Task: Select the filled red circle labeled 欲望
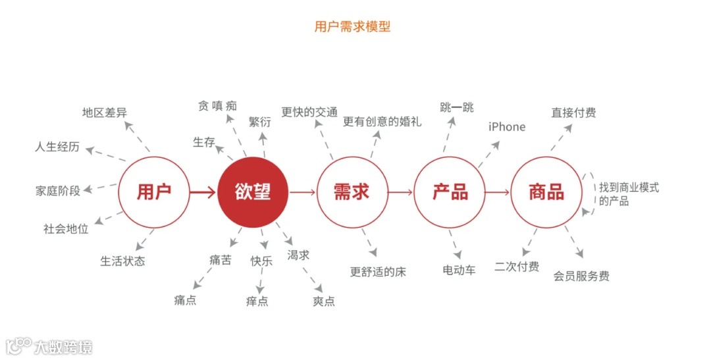253,192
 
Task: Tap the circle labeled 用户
153,192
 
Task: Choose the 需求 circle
351,192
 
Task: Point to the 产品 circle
450,192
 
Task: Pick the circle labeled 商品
546,192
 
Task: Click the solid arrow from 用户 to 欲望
203,193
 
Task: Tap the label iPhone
507,127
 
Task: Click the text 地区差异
105,113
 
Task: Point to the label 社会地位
66,229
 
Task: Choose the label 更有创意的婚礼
382,121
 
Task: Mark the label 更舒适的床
378,272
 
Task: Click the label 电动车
459,270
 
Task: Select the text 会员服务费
581,276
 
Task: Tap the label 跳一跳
457,107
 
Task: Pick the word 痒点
257,301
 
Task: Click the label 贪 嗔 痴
217,106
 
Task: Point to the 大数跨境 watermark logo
49,346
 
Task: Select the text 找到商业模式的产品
629,194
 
